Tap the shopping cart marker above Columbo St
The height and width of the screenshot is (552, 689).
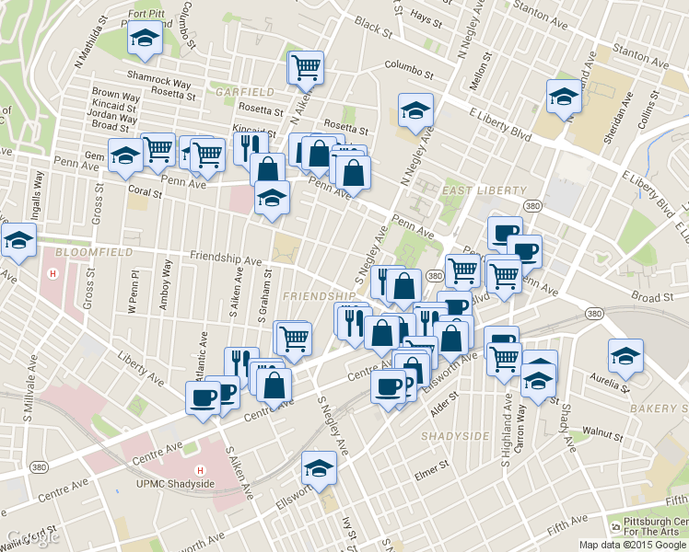point(306,66)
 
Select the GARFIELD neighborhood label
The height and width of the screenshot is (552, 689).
point(244,93)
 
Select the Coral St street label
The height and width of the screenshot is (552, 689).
point(146,194)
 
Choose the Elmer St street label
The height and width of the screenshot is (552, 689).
point(429,475)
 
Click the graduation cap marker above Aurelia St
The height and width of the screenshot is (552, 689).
point(625,356)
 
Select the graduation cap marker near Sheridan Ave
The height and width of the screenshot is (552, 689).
point(564,97)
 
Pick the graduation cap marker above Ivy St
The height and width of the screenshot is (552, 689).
point(321,469)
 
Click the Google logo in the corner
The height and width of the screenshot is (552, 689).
point(32,537)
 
